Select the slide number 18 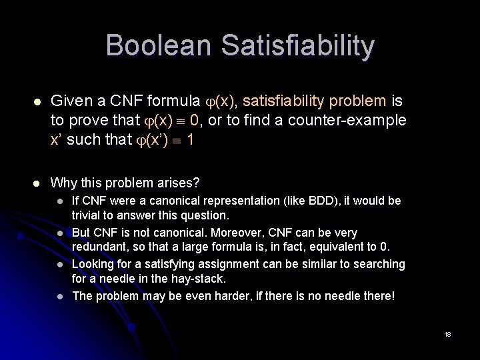click(447, 334)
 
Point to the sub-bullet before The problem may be click(59, 296)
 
